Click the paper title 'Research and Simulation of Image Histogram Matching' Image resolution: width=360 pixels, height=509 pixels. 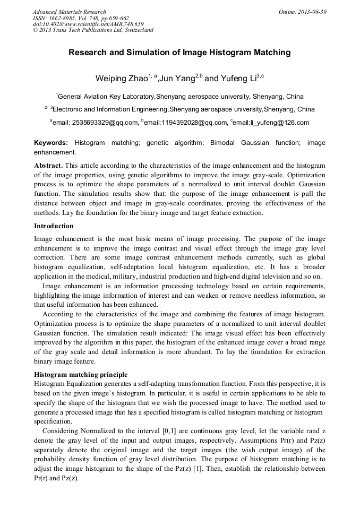[x=179, y=53]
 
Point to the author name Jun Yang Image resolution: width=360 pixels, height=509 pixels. [x=178, y=79]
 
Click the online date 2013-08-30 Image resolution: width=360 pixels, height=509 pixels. [x=311, y=12]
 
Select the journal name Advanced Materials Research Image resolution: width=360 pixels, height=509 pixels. [x=70, y=12]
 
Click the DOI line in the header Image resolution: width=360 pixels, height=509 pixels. [x=88, y=24]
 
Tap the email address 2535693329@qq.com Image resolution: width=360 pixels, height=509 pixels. [x=96, y=123]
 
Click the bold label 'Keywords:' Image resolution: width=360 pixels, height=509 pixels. [x=51, y=143]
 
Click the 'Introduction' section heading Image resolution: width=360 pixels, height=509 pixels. [x=54, y=226]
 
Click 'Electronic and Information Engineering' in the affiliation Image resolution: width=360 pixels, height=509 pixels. [x=110, y=109]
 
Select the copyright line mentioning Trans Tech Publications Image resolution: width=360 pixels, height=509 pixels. [x=93, y=30]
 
